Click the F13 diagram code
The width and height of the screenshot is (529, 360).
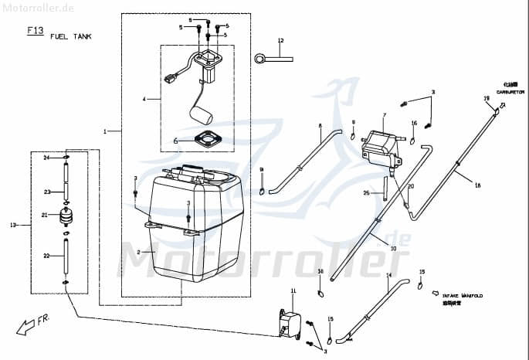35,31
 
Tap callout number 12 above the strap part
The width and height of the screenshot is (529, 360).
281,40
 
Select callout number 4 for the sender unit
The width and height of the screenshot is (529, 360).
144,100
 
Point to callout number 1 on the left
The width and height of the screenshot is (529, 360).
105,131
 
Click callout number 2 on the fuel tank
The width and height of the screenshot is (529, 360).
139,252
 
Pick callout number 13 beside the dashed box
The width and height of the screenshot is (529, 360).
12,226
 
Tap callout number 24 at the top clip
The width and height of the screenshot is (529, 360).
46,158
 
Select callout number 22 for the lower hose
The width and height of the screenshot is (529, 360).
46,256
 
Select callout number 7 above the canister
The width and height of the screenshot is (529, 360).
384,116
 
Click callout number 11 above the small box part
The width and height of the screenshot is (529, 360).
293,290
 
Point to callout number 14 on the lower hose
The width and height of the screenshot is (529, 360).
388,276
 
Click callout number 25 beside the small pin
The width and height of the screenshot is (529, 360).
366,192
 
